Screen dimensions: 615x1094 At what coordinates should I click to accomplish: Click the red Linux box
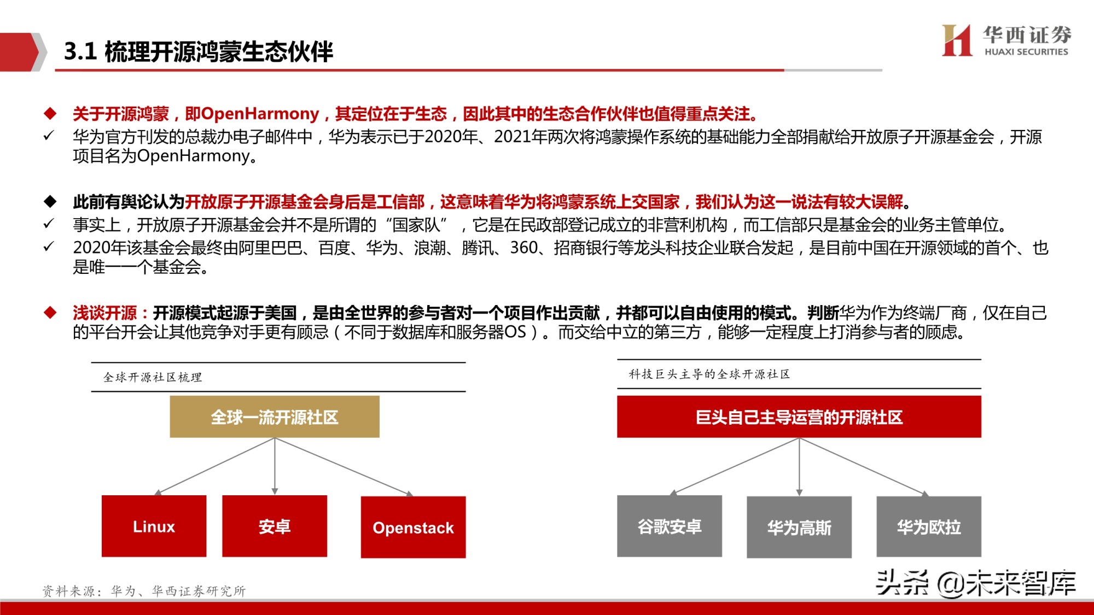pyautogui.click(x=154, y=526)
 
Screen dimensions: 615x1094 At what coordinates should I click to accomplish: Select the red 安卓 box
pyautogui.click(x=274, y=526)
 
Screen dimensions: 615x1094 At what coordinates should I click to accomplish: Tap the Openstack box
pyautogui.click(x=413, y=527)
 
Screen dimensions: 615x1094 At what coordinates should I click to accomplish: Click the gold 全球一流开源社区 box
pyautogui.click(x=274, y=417)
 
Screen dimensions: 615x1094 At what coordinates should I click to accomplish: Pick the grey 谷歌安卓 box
pyautogui.click(x=669, y=526)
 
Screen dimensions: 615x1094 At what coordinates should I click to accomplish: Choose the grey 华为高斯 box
pyautogui.click(x=799, y=527)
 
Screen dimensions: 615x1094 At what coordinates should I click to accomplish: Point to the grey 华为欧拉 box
pyautogui.click(x=928, y=527)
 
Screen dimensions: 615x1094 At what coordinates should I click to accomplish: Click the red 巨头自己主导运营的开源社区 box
pyautogui.click(x=799, y=417)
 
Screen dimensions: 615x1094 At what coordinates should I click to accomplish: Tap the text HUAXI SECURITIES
pyautogui.click(x=1026, y=52)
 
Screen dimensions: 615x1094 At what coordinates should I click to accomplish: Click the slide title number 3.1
pyautogui.click(x=80, y=52)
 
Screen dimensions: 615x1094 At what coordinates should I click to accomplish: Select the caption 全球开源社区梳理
pyautogui.click(x=153, y=377)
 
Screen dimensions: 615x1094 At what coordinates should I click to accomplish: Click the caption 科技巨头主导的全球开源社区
pyautogui.click(x=709, y=374)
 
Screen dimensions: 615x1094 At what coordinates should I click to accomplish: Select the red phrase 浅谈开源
pyautogui.click(x=104, y=313)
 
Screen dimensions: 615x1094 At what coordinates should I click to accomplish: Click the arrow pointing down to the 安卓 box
pyautogui.click(x=275, y=467)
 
